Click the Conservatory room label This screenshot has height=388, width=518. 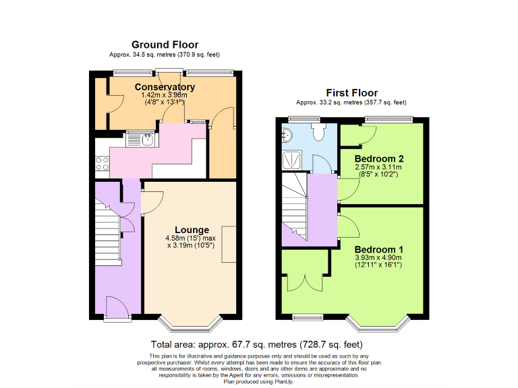(x=165, y=87)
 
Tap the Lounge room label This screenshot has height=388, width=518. (x=192, y=230)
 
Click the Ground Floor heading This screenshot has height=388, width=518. (x=165, y=44)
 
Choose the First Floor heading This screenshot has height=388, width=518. (x=351, y=93)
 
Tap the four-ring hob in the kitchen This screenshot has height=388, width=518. (x=103, y=163)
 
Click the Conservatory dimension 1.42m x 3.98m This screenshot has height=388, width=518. (x=165, y=96)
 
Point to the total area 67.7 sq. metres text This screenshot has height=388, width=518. (x=261, y=344)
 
